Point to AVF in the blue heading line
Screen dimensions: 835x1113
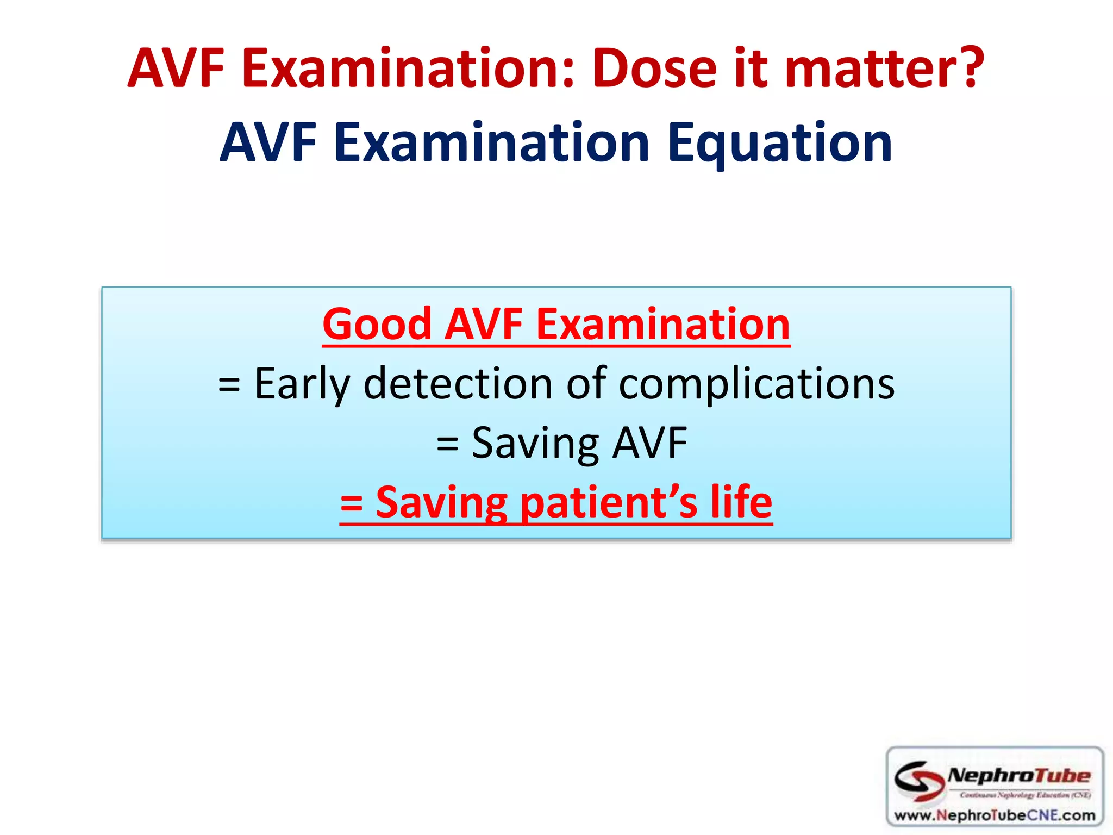(x=268, y=142)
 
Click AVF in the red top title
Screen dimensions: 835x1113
(x=176, y=68)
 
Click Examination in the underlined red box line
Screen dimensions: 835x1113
(x=663, y=324)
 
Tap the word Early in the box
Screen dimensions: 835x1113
(x=302, y=384)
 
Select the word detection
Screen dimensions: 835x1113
(x=458, y=384)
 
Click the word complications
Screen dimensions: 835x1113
(x=756, y=384)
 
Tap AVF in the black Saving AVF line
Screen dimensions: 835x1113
(x=649, y=443)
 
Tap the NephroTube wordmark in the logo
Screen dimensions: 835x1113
(x=1018, y=775)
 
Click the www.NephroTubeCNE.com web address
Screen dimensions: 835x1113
(x=995, y=815)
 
